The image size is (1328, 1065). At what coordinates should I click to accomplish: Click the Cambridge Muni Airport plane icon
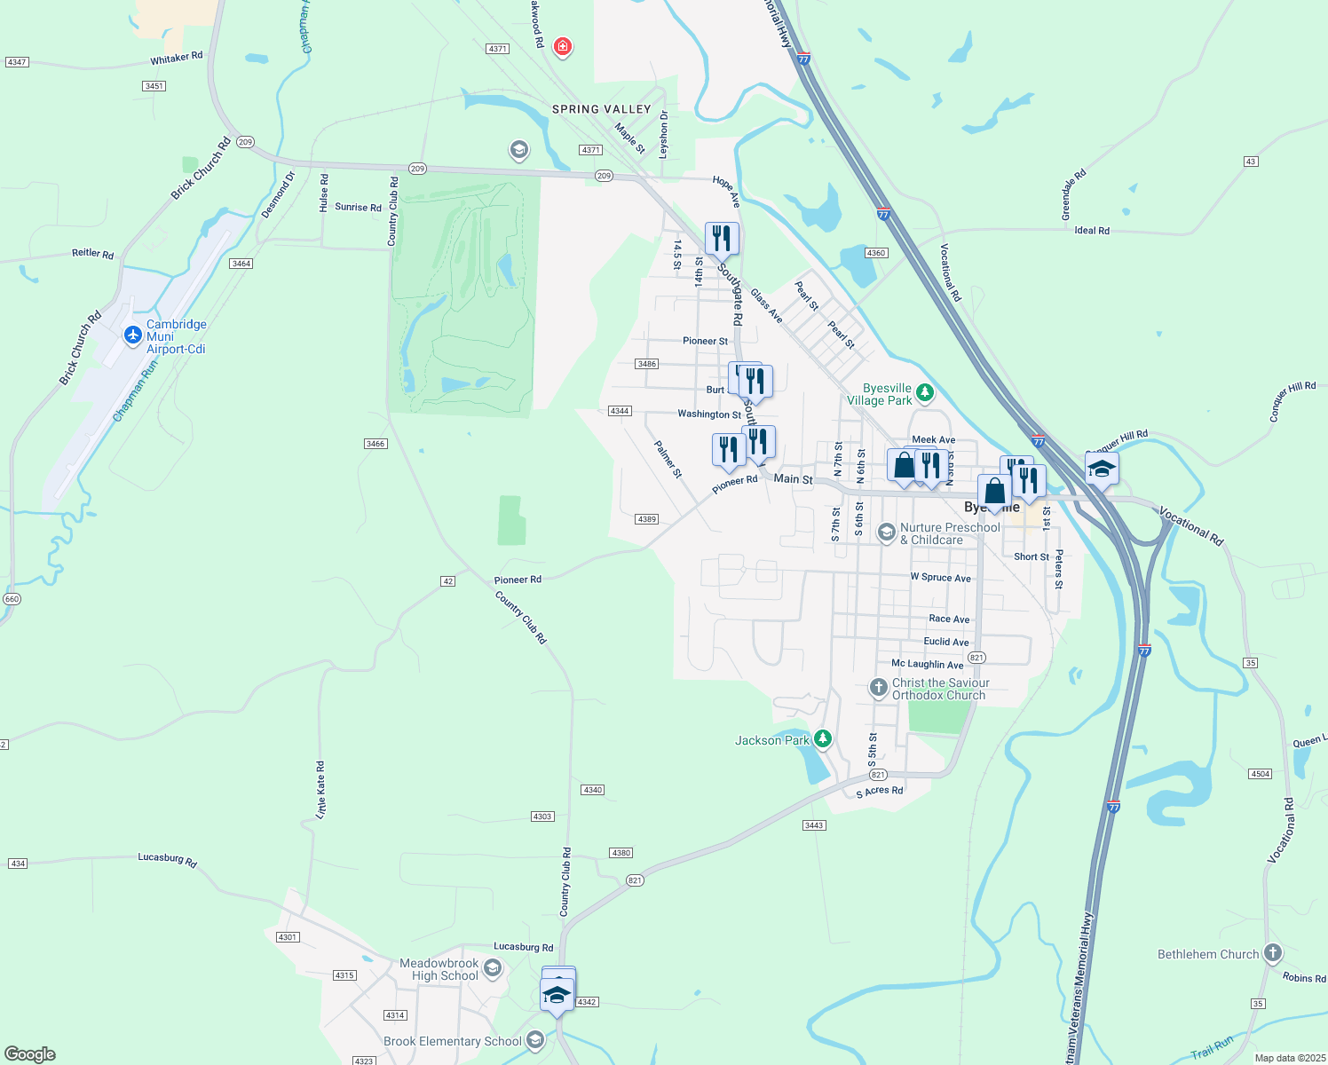133,335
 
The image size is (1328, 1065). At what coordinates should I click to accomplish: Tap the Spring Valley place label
602,109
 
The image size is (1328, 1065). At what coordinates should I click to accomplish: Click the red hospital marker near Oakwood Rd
562,46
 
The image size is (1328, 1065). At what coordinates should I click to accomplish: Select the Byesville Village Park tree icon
925,391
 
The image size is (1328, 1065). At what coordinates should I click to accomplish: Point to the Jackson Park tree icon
823,738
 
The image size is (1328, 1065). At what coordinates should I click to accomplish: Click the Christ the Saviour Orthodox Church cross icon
878,688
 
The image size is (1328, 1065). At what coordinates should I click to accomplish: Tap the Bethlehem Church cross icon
1273,954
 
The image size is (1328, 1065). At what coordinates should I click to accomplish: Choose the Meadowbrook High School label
439,969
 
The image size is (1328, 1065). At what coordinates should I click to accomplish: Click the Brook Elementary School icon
534,1040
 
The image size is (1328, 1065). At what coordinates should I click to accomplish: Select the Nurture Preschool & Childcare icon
886,532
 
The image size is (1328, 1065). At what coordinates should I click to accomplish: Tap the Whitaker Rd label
177,58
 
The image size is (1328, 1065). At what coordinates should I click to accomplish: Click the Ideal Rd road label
1092,231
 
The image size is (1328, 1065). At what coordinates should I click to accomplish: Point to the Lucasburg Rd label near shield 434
167,858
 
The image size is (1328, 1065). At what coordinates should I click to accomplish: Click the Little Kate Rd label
320,789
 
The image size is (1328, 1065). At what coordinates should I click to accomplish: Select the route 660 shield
11,599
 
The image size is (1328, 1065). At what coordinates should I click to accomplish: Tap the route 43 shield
1251,162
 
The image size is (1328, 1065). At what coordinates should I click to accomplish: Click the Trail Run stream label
1212,1047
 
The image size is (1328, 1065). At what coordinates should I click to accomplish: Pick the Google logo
30,1054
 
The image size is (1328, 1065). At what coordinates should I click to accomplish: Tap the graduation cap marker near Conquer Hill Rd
1102,468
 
